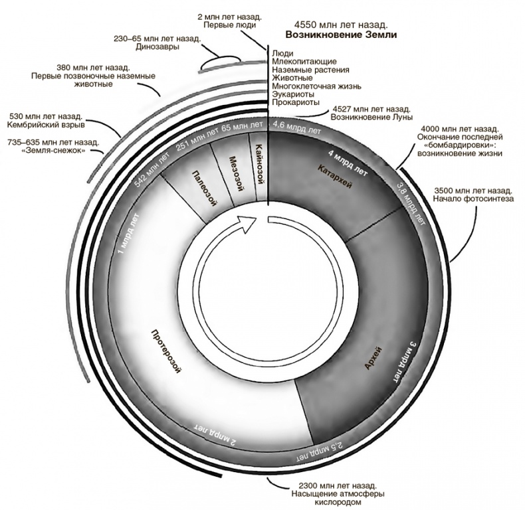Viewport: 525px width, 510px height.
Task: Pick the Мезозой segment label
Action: click(233, 173)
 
